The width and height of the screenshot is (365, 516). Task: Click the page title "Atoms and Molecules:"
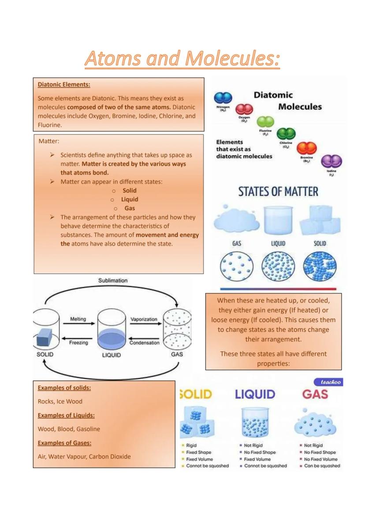tap(182, 59)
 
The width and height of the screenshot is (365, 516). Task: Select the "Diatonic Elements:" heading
tap(64, 84)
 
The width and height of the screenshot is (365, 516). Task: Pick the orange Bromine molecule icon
tap(307, 148)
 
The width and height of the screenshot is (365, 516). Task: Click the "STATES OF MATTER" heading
tap(278, 192)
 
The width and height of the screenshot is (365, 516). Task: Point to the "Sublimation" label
tap(113, 280)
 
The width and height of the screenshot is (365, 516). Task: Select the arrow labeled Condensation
tap(144, 337)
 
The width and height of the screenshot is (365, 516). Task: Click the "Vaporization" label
tap(144, 319)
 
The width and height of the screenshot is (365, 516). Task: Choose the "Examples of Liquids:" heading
tap(66, 415)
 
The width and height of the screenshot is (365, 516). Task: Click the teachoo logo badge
tap(329, 382)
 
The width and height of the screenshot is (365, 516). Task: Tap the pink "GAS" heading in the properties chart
tap(315, 394)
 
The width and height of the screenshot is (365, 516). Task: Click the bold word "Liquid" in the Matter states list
tap(130, 199)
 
